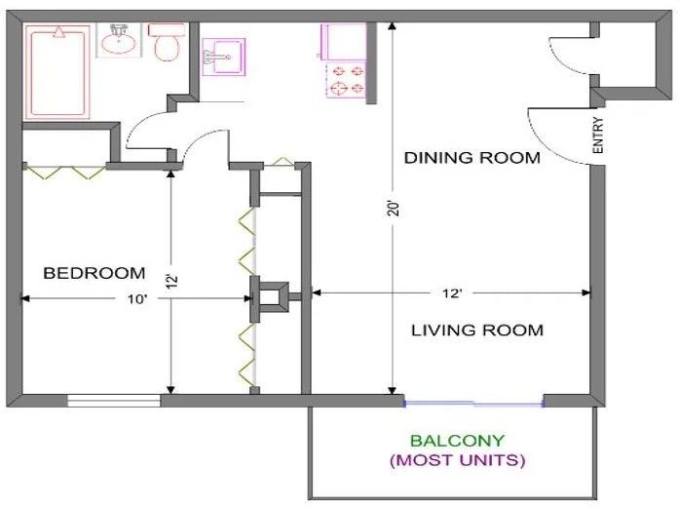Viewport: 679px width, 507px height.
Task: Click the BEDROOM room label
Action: coord(94,273)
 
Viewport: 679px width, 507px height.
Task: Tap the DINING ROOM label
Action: coord(472,157)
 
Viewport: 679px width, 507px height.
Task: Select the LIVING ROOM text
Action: coord(476,330)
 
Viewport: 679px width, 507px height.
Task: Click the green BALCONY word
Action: coord(457,441)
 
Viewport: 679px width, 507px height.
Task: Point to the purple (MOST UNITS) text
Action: coord(457,459)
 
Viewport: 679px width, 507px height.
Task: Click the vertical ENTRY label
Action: coord(598,136)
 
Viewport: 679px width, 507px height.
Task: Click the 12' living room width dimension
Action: coord(449,292)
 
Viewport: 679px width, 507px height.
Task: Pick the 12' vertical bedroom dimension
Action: coord(171,283)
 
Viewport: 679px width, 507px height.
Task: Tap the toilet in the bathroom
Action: coord(167,44)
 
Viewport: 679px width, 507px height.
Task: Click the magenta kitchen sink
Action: coord(220,57)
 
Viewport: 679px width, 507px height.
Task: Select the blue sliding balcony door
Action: coord(473,402)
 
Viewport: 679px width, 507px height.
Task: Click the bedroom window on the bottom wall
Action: coord(114,400)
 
